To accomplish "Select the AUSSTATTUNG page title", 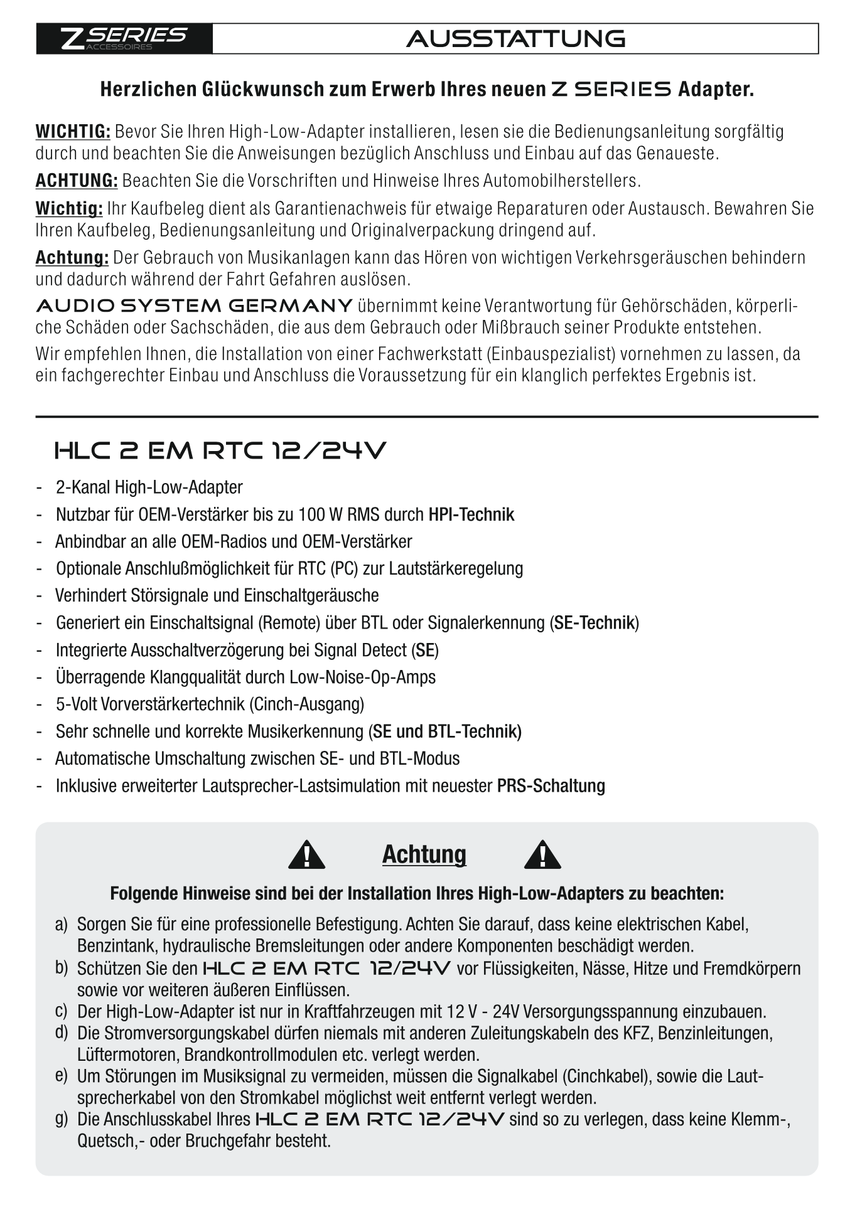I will (x=515, y=39).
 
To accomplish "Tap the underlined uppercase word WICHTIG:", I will (x=73, y=132).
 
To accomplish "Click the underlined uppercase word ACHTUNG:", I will (x=77, y=181).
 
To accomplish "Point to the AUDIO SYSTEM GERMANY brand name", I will (x=194, y=306).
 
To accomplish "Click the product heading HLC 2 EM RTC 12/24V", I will (x=220, y=450).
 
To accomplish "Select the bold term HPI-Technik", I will (x=471, y=515).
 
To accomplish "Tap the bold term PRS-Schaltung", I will (x=551, y=786).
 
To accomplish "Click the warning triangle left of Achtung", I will (x=306, y=855).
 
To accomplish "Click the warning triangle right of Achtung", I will (x=542, y=855).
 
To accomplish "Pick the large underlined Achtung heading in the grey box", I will (x=424, y=854).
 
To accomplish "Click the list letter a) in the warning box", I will (x=61, y=924).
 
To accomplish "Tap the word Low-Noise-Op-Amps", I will (x=362, y=678).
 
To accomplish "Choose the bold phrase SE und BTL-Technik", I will (x=446, y=731).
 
